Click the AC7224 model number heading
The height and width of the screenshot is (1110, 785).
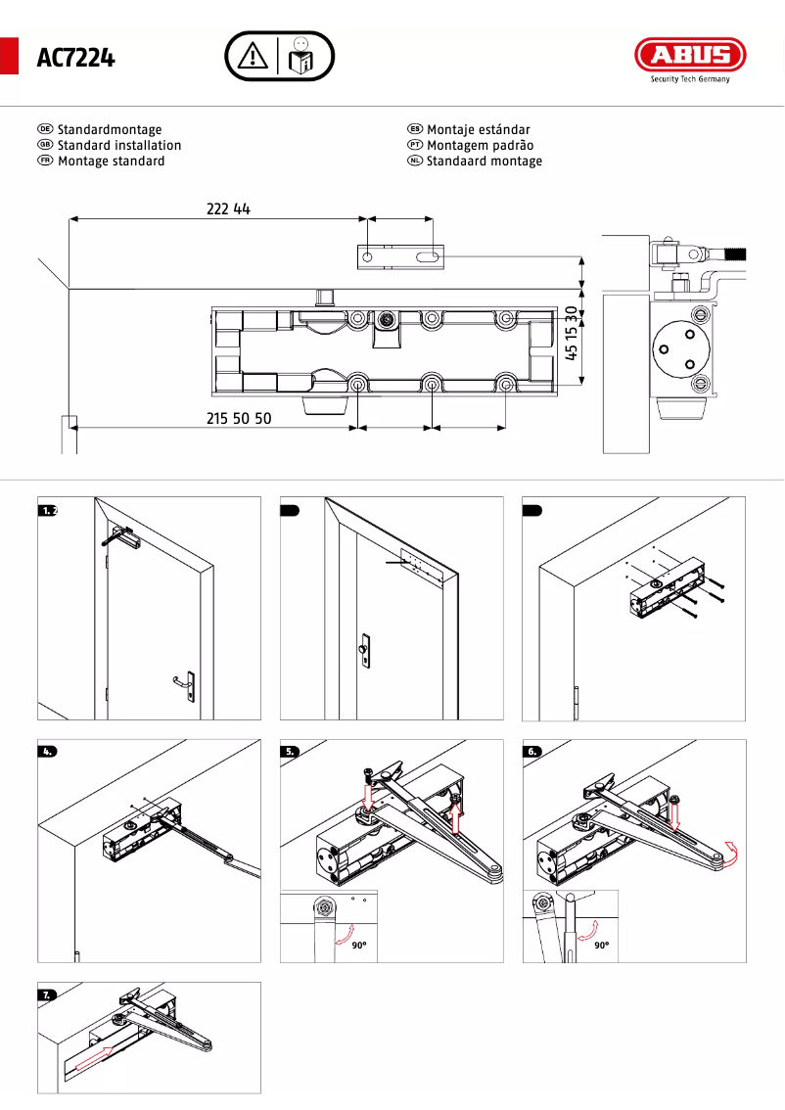(75, 59)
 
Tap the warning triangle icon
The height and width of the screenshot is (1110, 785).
(253, 56)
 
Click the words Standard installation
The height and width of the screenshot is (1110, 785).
(119, 145)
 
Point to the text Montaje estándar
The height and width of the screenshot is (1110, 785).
(479, 129)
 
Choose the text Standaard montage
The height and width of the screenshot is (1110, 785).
(484, 161)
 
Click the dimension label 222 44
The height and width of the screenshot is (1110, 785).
(228, 208)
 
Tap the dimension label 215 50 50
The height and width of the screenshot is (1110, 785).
(239, 418)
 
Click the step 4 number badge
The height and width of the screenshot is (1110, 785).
(47, 752)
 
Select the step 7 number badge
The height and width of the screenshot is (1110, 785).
(47, 994)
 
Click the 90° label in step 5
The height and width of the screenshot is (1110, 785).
(358, 946)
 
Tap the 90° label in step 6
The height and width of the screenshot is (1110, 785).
(600, 946)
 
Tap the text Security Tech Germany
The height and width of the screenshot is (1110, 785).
(690, 79)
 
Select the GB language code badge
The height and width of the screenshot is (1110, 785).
(45, 145)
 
